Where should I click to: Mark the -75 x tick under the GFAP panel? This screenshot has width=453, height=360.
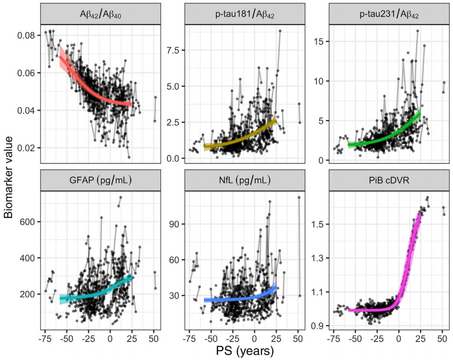tap(45, 338)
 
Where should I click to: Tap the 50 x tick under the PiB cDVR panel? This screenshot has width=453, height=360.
tap(442, 338)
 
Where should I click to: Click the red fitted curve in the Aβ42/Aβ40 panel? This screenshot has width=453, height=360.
tap(90, 90)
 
